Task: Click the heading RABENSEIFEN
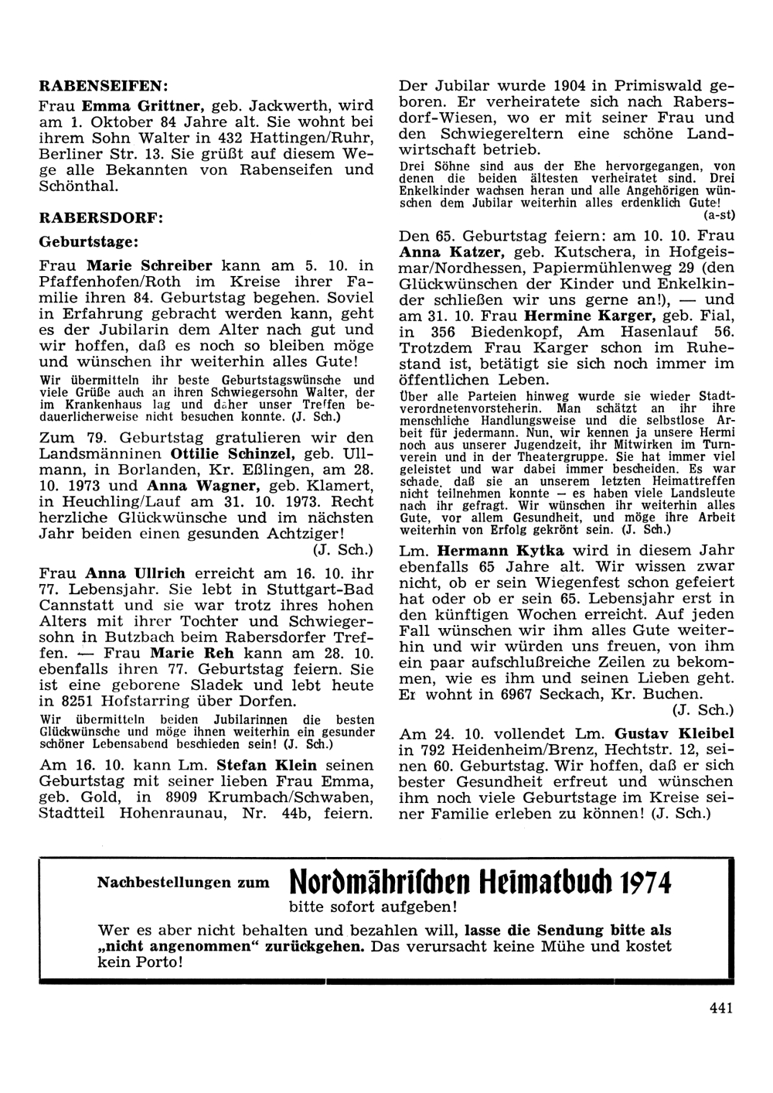[x=104, y=84]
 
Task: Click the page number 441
[x=720, y=1006]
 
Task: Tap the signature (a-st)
[x=718, y=214]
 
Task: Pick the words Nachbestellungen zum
[x=183, y=881]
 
